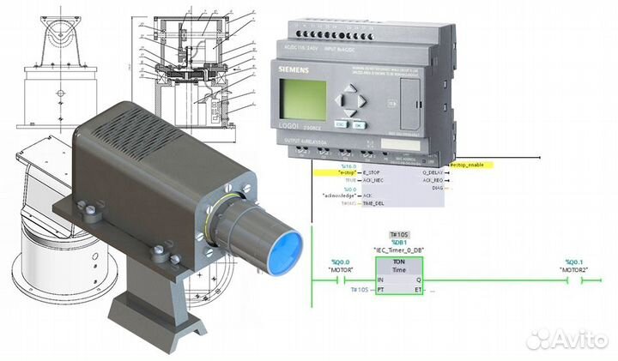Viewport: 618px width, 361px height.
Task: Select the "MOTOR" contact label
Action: (x=342, y=268)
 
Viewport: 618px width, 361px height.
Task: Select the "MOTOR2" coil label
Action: (x=574, y=268)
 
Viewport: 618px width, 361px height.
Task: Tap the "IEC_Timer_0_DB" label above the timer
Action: (x=400, y=249)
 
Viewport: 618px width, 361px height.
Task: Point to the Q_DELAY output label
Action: (x=434, y=171)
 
